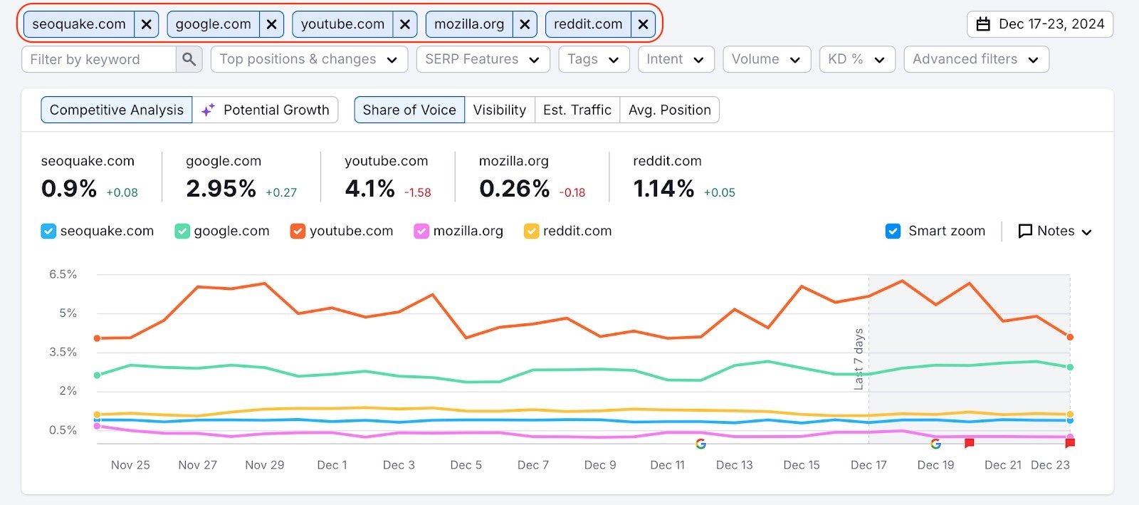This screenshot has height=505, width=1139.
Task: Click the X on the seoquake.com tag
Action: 146,24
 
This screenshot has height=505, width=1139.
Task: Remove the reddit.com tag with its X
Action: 643,24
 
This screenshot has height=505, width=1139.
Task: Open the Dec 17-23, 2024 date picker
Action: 1039,24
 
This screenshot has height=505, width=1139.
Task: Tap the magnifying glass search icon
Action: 189,59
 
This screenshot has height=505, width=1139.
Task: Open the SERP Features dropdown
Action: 483,59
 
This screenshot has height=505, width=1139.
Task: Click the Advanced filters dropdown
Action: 975,59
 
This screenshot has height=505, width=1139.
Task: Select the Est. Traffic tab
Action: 577,110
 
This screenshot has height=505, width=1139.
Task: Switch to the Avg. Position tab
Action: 669,110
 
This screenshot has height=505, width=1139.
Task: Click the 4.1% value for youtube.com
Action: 369,189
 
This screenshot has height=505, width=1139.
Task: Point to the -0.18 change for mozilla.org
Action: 572,192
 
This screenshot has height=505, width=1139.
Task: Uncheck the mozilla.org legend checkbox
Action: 421,231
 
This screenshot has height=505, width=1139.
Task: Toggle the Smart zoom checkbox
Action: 893,231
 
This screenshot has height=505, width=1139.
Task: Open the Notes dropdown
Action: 1055,231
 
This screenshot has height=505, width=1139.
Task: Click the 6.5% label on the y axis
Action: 63,274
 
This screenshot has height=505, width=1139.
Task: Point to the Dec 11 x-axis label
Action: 667,464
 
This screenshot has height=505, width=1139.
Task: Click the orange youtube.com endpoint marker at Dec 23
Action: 1070,337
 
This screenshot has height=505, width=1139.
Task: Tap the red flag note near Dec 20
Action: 969,443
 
